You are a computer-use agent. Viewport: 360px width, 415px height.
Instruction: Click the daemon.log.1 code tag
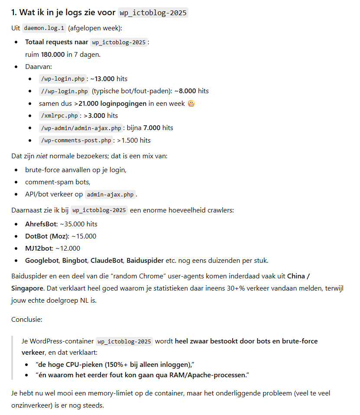(44, 28)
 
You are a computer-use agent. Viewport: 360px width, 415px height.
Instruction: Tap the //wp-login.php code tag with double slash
(64, 91)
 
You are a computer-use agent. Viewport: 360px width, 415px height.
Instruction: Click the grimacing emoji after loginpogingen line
(191, 104)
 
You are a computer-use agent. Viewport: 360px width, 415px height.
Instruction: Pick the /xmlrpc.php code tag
(59, 116)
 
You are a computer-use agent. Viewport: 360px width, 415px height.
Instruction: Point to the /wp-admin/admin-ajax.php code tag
(81, 128)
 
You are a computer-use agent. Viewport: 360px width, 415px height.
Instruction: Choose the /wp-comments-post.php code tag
(76, 141)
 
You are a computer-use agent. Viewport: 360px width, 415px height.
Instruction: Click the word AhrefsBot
(41, 224)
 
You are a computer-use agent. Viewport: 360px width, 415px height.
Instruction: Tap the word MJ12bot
(38, 248)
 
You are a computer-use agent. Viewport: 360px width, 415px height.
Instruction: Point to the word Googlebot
(42, 261)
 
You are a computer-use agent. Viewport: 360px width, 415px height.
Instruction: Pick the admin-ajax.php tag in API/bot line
(110, 195)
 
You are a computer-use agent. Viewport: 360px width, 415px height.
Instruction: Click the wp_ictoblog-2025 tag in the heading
(152, 13)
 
